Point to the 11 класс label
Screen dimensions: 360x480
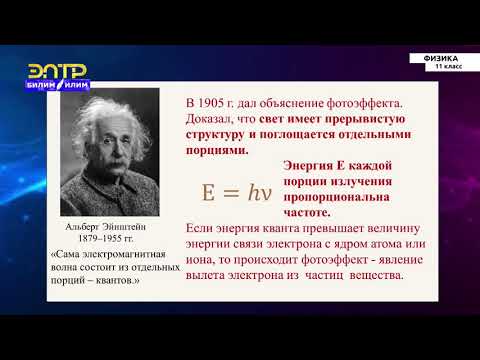coord(446,67)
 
